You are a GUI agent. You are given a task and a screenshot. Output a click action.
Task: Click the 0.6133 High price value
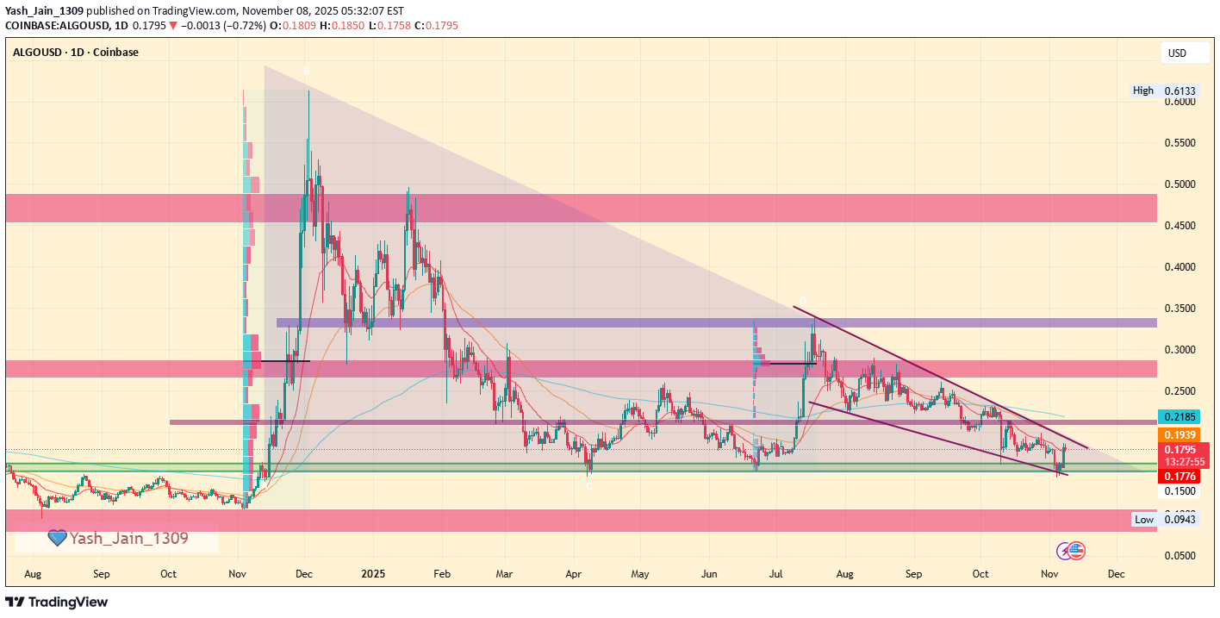click(x=1178, y=91)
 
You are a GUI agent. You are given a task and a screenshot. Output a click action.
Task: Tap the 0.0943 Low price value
click(x=1178, y=520)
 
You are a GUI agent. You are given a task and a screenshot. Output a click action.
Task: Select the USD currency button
click(x=1177, y=53)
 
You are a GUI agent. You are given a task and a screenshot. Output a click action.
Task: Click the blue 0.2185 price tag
click(x=1178, y=417)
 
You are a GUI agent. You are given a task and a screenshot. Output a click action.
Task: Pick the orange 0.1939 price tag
click(x=1178, y=435)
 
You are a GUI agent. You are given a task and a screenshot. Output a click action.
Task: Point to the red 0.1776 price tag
click(x=1178, y=476)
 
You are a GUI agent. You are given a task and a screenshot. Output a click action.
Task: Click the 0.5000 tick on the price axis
click(x=1178, y=184)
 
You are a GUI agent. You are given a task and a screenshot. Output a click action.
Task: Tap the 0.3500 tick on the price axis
click(x=1178, y=309)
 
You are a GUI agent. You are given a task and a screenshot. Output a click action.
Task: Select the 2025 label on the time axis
click(x=373, y=573)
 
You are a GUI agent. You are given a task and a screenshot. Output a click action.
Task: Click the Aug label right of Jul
click(x=845, y=573)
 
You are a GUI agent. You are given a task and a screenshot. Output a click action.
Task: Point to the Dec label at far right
click(x=1117, y=573)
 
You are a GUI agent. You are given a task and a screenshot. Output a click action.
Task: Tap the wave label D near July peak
click(x=802, y=301)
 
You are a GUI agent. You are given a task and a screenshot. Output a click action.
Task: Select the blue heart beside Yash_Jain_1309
click(x=58, y=539)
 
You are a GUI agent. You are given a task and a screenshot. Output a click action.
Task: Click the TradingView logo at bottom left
click(x=57, y=602)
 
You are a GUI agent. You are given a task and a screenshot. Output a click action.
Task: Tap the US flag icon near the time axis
click(x=1077, y=551)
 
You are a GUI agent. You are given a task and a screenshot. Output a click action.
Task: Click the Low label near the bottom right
click(x=1144, y=520)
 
